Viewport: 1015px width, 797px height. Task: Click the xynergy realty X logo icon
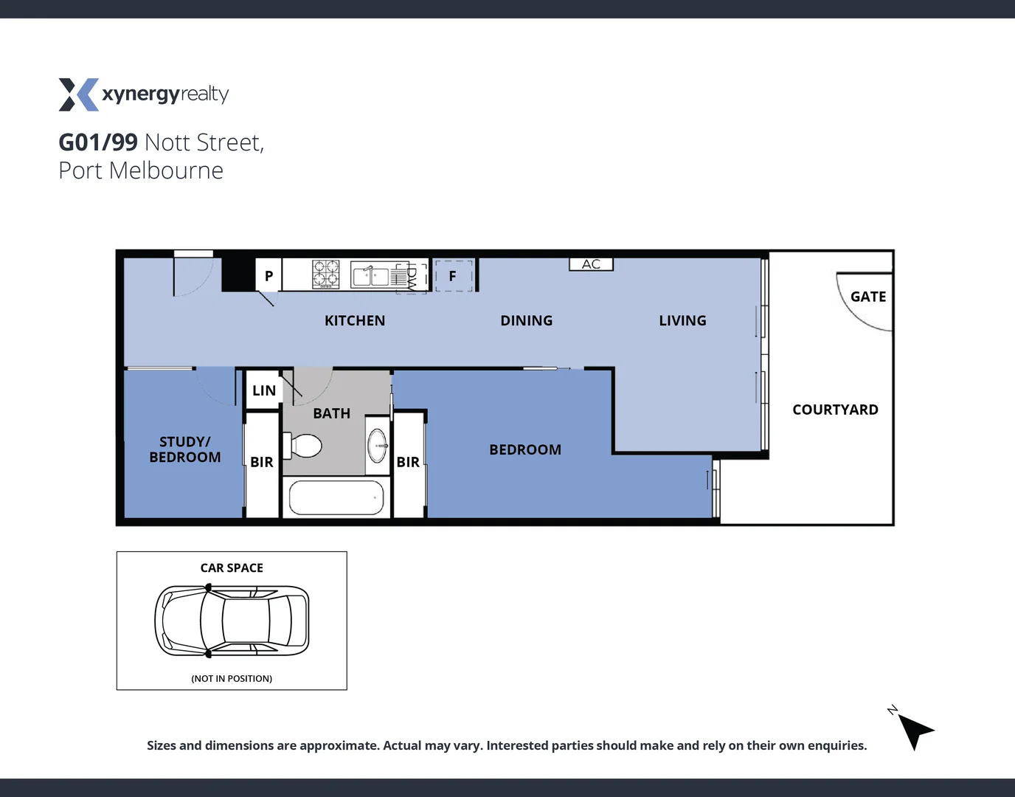(x=78, y=94)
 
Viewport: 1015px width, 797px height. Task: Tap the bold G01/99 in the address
(x=98, y=142)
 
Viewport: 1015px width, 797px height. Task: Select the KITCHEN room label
(x=355, y=321)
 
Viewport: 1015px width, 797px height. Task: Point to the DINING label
(x=526, y=321)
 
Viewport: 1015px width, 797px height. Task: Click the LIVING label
(x=682, y=321)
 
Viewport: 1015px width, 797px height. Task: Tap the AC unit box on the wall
(x=591, y=264)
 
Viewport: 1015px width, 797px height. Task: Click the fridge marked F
(x=453, y=276)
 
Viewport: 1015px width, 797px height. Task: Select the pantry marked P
(x=269, y=276)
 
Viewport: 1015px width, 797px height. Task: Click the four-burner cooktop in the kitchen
(x=325, y=274)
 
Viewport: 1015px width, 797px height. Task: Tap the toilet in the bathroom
(x=305, y=446)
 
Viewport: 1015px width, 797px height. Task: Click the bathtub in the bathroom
(x=336, y=498)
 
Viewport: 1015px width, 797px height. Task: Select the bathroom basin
(x=378, y=445)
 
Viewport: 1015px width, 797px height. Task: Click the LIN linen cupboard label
(x=264, y=391)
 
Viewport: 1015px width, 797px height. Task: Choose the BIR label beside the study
(x=262, y=463)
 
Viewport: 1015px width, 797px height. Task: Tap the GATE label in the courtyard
(x=868, y=297)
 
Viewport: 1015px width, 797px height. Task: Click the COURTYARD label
(x=835, y=410)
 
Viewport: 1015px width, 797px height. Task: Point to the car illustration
(x=232, y=621)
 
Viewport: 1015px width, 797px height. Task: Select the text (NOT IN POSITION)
(x=232, y=679)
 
